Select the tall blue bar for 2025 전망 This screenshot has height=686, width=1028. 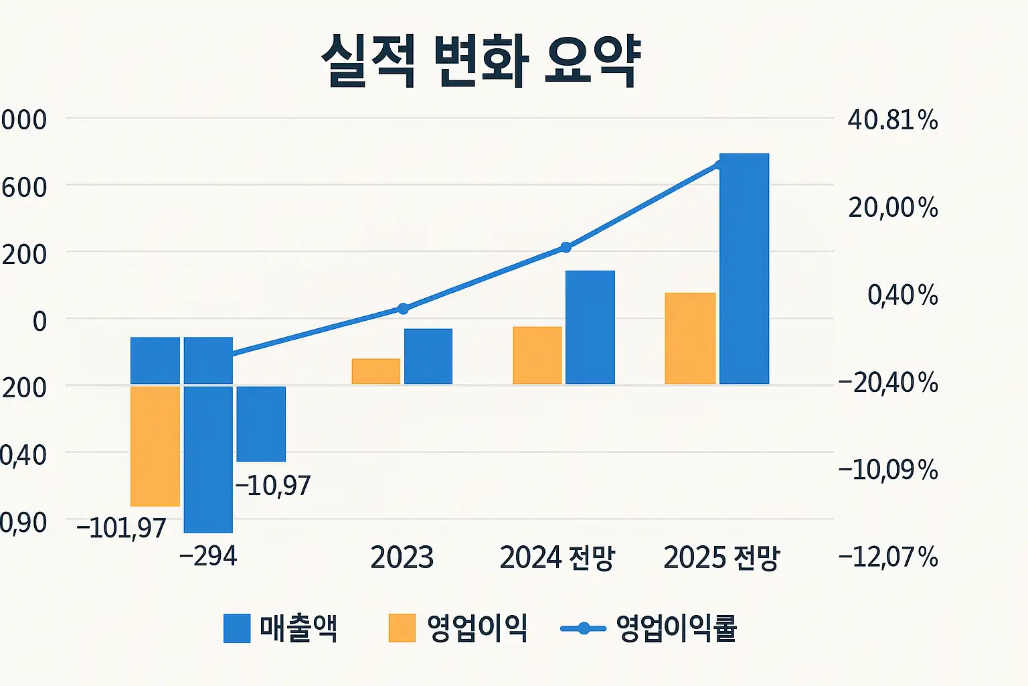tap(744, 268)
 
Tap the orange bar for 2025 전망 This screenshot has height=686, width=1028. tap(690, 338)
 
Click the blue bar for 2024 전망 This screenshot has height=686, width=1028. tap(590, 327)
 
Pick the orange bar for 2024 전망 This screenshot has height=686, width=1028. tap(537, 355)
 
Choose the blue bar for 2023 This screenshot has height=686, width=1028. tap(428, 356)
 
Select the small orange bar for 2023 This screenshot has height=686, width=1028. tap(375, 371)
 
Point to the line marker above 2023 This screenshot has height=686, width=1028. tap(403, 308)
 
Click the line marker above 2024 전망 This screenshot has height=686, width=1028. tap(566, 247)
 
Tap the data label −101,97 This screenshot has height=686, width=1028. tap(121, 528)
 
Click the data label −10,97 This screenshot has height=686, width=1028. tap(273, 486)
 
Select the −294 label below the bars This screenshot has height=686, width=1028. tap(208, 556)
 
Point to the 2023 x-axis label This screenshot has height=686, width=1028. tap(402, 557)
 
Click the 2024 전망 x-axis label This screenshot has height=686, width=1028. tap(557, 557)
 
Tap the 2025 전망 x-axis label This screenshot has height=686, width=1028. tap(721, 557)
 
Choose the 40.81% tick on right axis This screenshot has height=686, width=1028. tap(892, 121)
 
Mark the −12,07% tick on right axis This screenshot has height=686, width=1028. tap(888, 557)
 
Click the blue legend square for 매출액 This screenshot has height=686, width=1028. tap(237, 628)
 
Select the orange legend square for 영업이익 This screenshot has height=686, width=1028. tap(402, 628)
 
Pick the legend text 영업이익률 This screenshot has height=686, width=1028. tap(676, 628)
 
